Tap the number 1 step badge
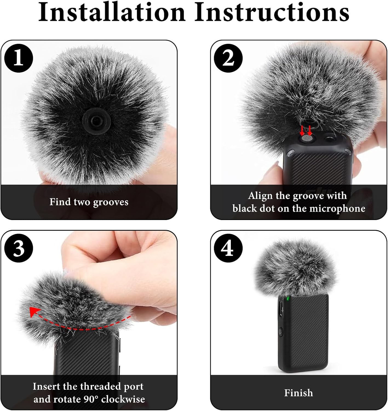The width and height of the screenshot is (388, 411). coord(19,58)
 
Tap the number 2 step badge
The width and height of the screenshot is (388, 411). coord(228,58)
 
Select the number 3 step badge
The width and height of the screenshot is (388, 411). coord(19,249)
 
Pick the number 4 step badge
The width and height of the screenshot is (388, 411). coord(228,249)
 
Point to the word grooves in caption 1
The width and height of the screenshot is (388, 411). coord(111,202)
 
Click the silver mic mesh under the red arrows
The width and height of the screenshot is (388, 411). coord(306,139)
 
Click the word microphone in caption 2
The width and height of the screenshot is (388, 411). coord(337,209)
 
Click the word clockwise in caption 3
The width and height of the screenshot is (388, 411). coord(123,399)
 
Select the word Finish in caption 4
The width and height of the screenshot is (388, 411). coord(298,393)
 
